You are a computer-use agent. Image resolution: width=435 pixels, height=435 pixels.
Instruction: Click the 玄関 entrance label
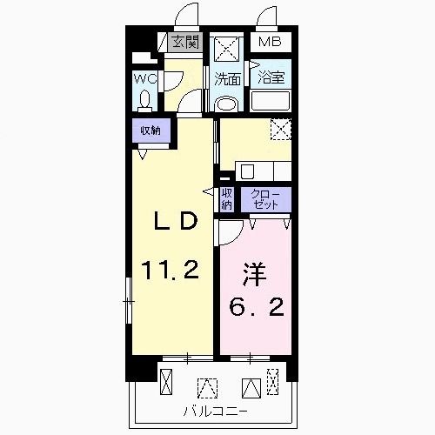(x=184, y=41)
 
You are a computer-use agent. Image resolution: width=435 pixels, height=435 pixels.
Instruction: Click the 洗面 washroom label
(x=228, y=78)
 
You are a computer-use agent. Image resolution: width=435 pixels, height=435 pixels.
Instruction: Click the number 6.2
(x=255, y=308)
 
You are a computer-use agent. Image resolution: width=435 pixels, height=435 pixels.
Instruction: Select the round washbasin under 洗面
(x=225, y=104)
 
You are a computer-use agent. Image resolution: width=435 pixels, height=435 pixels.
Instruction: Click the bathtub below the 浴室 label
(x=271, y=102)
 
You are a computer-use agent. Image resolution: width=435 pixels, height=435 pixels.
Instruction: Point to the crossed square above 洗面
(x=228, y=48)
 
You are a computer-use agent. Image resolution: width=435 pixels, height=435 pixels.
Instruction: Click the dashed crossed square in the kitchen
(x=280, y=129)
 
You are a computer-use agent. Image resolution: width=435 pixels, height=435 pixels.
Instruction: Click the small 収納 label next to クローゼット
(x=226, y=199)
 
